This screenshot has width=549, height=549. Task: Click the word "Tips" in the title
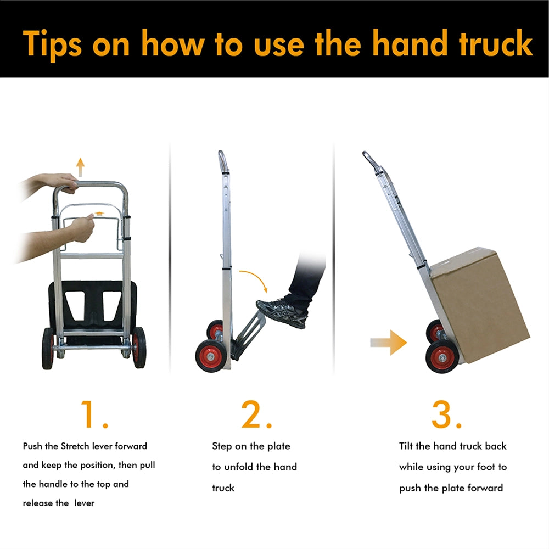click(53, 44)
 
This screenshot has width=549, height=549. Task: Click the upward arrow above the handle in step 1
click(81, 167)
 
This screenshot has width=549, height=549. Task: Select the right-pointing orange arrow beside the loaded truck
click(389, 343)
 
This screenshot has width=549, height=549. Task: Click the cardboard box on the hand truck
click(480, 304)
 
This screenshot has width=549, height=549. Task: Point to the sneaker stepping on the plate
click(282, 312)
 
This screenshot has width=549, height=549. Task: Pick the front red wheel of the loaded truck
click(442, 357)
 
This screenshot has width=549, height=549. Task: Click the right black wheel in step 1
click(139, 348)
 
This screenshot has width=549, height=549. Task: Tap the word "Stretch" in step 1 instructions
click(75, 446)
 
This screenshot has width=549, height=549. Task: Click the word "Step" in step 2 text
click(222, 446)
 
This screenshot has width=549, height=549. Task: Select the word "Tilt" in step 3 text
click(406, 446)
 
